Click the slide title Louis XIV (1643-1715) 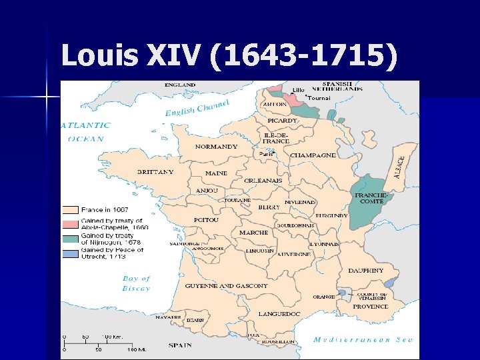click(229, 56)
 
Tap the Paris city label click(266, 154)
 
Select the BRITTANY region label click(155, 172)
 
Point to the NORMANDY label click(216, 147)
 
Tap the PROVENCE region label click(370, 307)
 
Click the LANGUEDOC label click(279, 313)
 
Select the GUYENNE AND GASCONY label click(226, 286)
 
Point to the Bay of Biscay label click(136, 283)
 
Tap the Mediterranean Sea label click(363, 339)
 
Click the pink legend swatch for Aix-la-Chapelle click(71, 222)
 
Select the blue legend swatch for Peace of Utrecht click(71, 252)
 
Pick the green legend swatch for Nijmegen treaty click(71, 237)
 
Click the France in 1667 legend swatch click(71, 209)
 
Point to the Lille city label click(298, 89)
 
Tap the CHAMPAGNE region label click(313, 155)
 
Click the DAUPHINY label click(365, 271)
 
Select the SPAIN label click(179, 345)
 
